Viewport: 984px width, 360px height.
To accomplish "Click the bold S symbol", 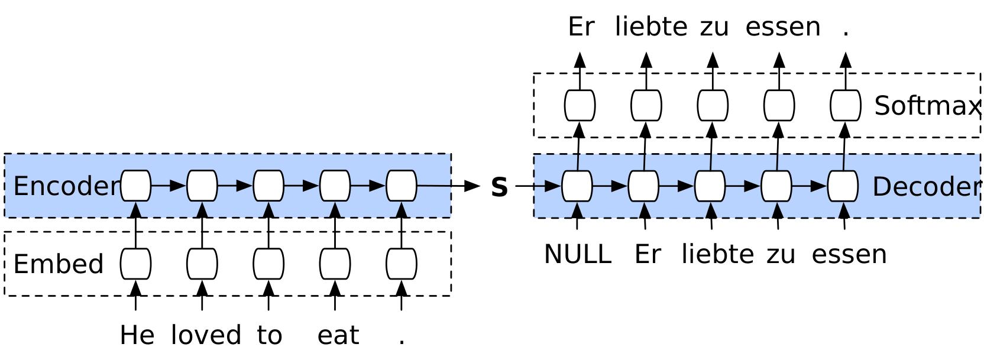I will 499,187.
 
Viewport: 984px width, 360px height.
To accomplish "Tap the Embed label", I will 58,264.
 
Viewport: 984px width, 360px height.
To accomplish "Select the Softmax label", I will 927,106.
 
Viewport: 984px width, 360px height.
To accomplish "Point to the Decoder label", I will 925,187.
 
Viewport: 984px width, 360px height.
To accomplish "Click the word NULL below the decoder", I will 577,255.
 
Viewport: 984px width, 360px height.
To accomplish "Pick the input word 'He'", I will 137,336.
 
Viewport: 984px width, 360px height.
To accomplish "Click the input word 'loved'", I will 206,336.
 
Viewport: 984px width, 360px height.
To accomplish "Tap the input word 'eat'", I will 338,336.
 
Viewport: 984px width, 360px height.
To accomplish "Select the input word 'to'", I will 269,336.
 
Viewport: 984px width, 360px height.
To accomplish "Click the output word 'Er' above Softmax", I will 580,27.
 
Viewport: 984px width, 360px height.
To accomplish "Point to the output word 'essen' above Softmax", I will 782,27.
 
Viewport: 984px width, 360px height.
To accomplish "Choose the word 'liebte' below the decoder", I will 717,255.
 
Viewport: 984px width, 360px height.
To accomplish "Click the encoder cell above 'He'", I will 136,186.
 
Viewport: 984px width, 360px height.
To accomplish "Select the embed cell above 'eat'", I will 335,264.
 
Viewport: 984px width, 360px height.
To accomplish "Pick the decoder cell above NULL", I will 577,186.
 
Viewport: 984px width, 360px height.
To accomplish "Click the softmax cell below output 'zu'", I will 713,105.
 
